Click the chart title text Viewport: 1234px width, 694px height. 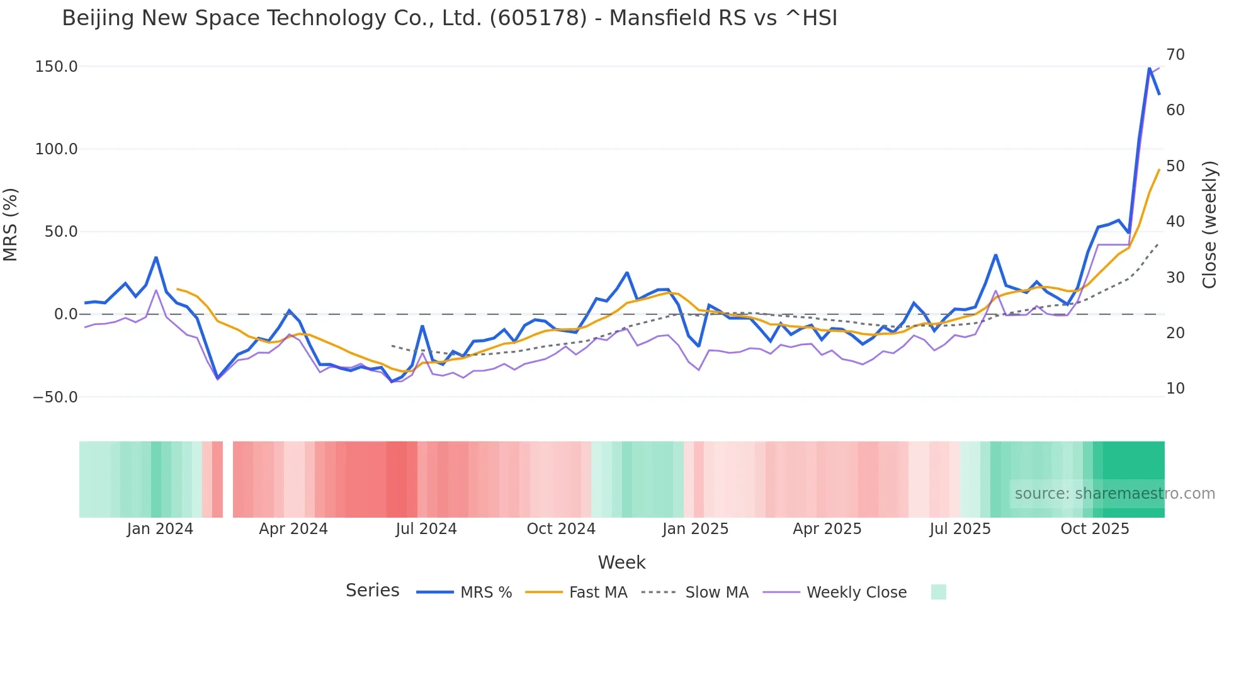click(x=450, y=18)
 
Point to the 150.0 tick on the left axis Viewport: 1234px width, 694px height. click(x=57, y=67)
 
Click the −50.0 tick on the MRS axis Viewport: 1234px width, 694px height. click(x=55, y=397)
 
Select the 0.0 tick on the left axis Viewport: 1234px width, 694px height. click(x=65, y=314)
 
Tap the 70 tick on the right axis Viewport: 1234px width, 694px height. click(x=1175, y=55)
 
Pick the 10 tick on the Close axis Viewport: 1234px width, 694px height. click(x=1175, y=389)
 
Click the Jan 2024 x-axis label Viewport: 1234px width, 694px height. click(x=160, y=529)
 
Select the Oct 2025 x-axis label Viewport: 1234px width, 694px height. click(x=1095, y=529)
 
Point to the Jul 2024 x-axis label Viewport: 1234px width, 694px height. click(x=426, y=529)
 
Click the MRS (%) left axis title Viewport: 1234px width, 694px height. click(x=11, y=225)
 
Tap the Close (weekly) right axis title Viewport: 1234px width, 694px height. click(x=1209, y=225)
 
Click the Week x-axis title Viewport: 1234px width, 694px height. click(x=621, y=562)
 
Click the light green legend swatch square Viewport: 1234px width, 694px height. click(x=938, y=592)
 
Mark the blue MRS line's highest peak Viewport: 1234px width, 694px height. click(x=1150, y=68)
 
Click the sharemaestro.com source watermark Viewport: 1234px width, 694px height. click(x=1114, y=494)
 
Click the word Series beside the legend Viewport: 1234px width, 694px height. click(x=372, y=591)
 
